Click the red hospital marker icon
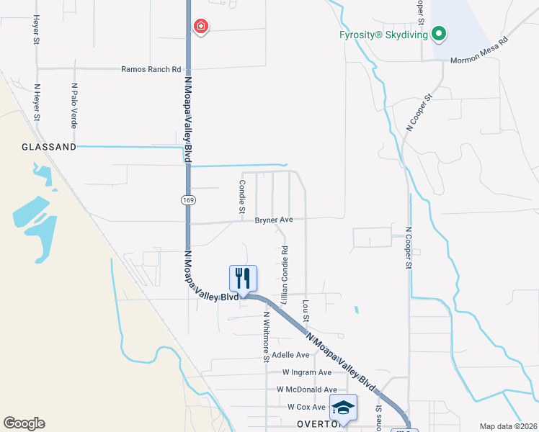click(x=201, y=27)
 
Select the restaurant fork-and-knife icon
click(x=243, y=278)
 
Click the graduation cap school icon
click(x=343, y=408)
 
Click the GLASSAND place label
click(x=49, y=146)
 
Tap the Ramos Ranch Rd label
click(x=151, y=69)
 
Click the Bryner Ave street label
click(x=274, y=220)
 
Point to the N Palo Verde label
click(x=74, y=104)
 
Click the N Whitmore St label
click(x=266, y=336)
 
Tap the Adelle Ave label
click(x=291, y=355)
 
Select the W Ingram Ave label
click(x=306, y=372)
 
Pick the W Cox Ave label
click(x=307, y=407)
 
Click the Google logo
click(x=24, y=423)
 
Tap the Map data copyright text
click(x=507, y=426)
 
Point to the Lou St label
click(x=306, y=311)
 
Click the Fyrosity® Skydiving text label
click(x=383, y=34)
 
